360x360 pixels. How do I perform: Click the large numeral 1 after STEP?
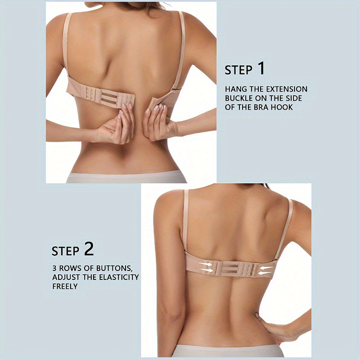261,69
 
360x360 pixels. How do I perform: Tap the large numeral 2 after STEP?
89,249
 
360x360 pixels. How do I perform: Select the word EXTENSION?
285,89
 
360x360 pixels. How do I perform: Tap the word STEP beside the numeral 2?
65,251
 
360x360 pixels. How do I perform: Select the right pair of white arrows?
266,270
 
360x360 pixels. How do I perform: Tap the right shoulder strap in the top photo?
181,49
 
